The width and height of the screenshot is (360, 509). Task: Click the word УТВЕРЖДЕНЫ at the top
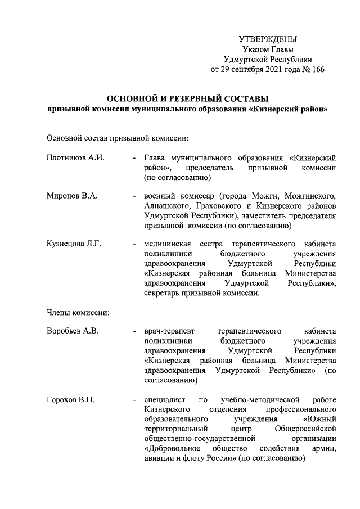pyautogui.click(x=268, y=39)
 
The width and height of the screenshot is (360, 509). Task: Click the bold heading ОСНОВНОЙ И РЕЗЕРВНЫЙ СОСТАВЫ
pyautogui.click(x=188, y=99)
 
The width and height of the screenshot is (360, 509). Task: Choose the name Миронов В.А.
pyautogui.click(x=72, y=196)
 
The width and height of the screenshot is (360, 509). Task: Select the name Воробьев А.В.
pyautogui.click(x=73, y=331)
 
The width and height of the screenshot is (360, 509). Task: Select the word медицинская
pyautogui.click(x=168, y=244)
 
